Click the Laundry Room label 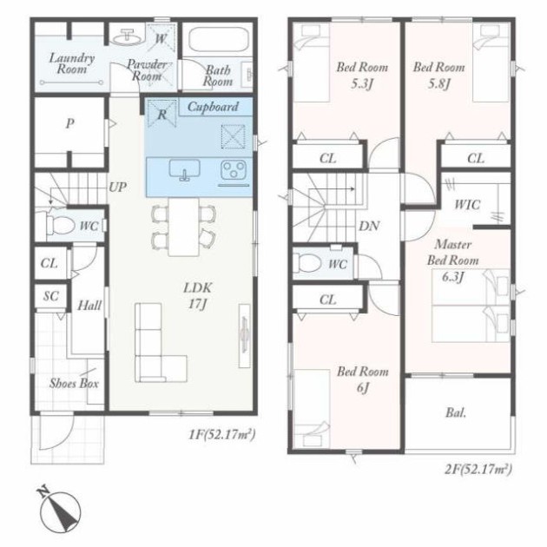(71, 63)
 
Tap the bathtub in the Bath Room (219, 40)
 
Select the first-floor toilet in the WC (59, 225)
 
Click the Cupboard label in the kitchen (213, 107)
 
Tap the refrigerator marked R (161, 114)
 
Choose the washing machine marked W (160, 38)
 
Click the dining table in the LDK (183, 227)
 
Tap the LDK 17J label (197, 296)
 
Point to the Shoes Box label (74, 384)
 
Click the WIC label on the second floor (467, 204)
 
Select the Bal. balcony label (456, 413)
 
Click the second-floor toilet (307, 263)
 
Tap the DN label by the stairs (369, 227)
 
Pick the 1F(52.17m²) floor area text (222, 435)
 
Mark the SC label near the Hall (51, 296)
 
